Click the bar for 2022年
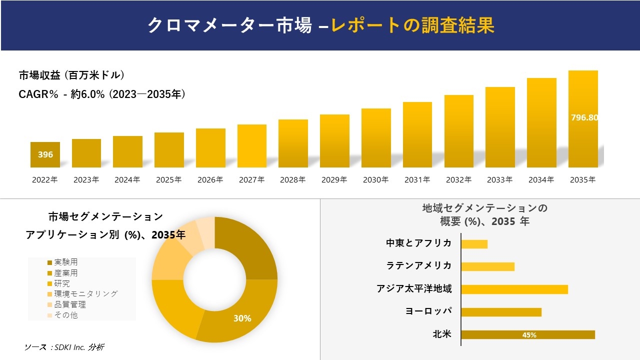(45, 154)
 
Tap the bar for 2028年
(293, 143)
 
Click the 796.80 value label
(584, 118)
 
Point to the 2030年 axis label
(375, 180)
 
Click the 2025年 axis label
(168, 180)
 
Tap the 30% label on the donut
(242, 318)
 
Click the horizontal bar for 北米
(527, 335)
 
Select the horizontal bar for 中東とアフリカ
(474, 244)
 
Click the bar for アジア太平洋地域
(514, 289)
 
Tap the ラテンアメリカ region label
(419, 266)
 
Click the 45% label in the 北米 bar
(529, 335)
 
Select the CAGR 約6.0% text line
(102, 94)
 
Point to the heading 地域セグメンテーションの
(484, 208)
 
